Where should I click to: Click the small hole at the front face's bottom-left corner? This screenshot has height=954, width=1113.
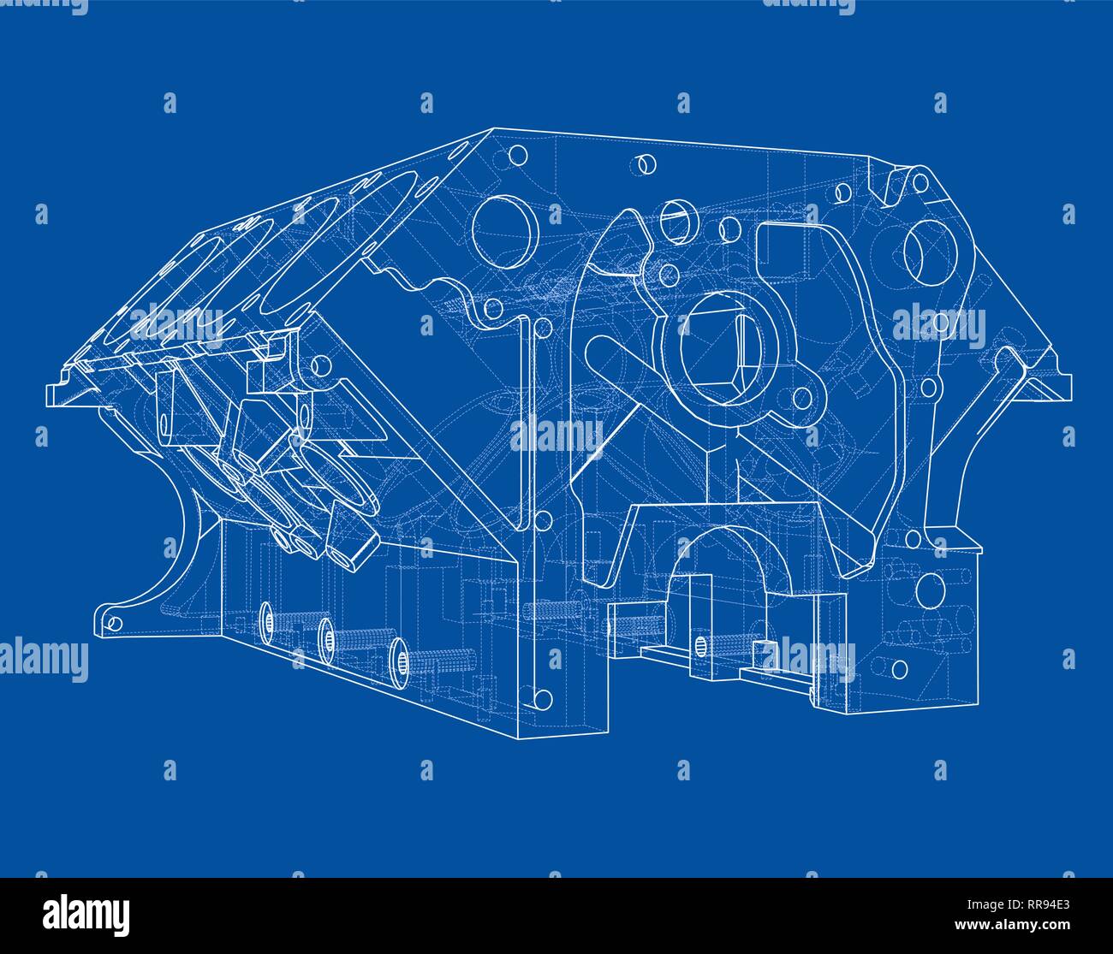coord(541,699)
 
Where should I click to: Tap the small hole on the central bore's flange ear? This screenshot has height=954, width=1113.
coord(801,398)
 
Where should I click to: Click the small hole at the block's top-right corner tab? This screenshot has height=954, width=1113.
coord(920,182)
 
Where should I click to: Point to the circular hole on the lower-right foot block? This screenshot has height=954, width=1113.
coord(928,589)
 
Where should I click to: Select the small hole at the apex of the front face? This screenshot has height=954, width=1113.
coord(517,157)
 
